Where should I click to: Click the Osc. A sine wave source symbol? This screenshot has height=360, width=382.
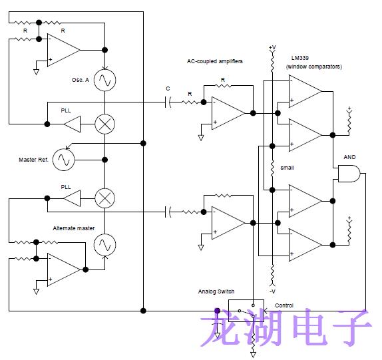click(104, 81)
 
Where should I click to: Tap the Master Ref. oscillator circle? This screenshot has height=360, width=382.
click(64, 160)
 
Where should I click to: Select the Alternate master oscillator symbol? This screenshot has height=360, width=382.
click(104, 246)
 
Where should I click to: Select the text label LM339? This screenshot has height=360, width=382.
click(301, 58)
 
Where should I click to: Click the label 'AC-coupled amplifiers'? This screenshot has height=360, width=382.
click(215, 61)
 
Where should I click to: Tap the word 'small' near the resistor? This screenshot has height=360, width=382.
click(287, 168)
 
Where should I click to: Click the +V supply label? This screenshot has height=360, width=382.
click(272, 48)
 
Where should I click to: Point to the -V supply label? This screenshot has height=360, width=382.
click(272, 291)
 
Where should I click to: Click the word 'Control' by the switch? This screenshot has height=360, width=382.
click(284, 305)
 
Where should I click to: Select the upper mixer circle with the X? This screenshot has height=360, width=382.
click(104, 123)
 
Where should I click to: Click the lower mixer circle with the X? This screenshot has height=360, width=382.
click(104, 197)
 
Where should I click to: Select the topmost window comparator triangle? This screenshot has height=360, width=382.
click(303, 91)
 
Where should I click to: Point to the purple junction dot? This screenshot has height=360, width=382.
click(217, 310)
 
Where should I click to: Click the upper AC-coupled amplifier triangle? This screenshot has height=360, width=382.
click(226, 112)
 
